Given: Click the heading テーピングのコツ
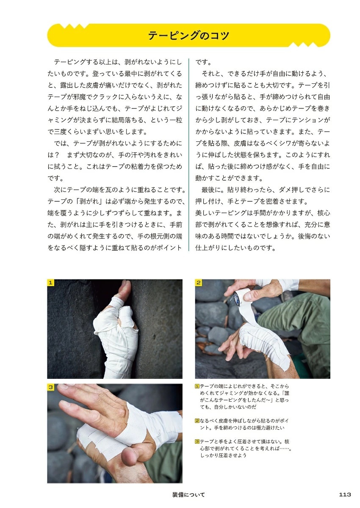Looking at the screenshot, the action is coord(188,36).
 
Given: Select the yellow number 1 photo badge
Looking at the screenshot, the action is coord(50,283).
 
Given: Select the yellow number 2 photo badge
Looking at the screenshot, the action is coord(199,283).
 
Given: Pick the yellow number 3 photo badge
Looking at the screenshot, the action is coord(50,387).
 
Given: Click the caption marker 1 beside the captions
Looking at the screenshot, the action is coord(197,386).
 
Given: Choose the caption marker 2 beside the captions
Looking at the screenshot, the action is coord(197,421).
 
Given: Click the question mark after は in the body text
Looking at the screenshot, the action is coord(57,155).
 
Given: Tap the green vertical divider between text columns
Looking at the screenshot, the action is coord(189,155).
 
